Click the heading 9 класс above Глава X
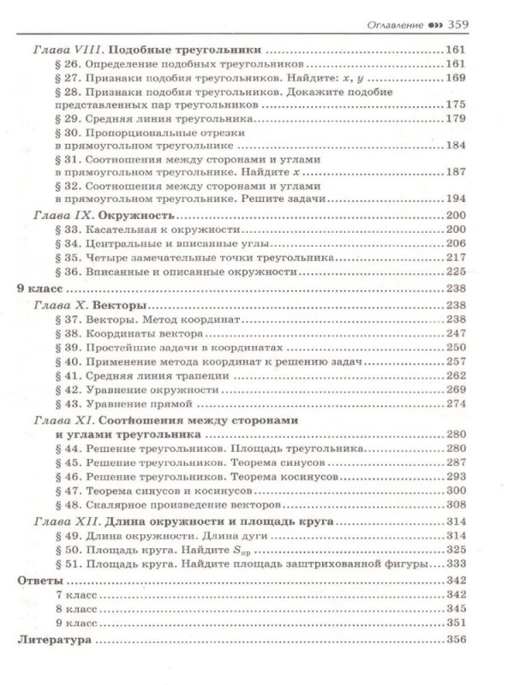40,289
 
